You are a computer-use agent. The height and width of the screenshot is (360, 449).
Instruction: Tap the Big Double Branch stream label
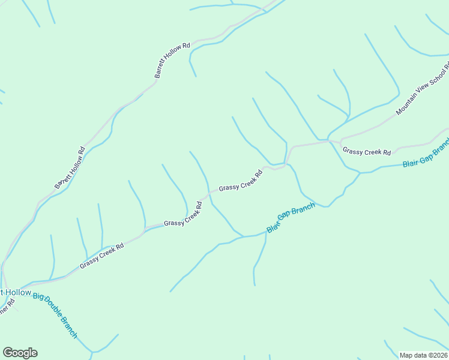(55, 316)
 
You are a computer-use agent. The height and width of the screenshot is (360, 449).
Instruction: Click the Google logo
(20, 353)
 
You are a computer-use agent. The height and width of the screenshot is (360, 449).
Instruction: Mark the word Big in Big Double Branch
(39, 297)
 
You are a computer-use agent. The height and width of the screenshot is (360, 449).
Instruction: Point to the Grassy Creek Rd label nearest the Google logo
(101, 256)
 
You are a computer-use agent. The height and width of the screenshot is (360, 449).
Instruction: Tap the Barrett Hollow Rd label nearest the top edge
(172, 60)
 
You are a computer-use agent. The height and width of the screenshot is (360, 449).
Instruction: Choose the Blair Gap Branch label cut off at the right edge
(426, 155)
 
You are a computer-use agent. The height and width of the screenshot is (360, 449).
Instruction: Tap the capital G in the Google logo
(8, 352)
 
